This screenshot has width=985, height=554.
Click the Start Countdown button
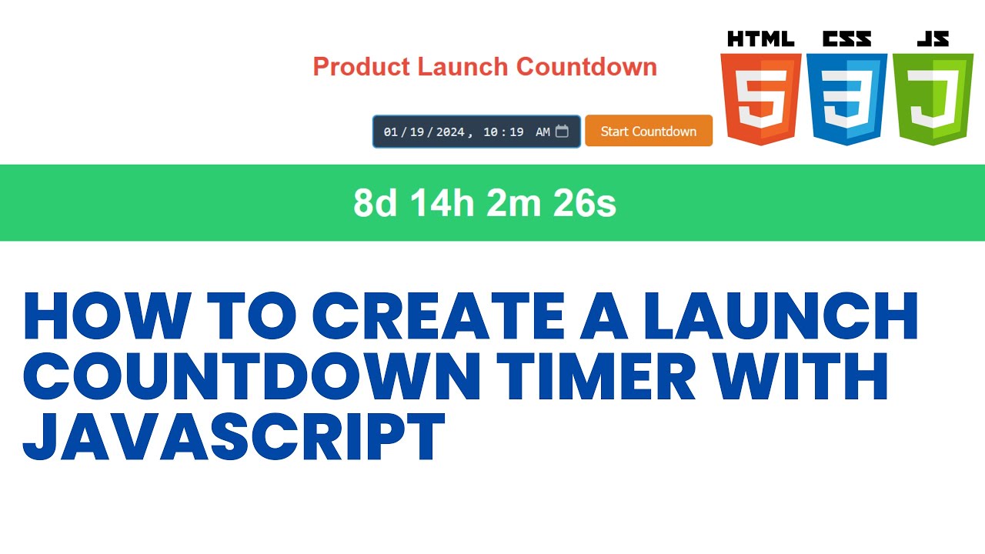(x=648, y=131)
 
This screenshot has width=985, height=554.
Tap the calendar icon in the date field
(x=562, y=131)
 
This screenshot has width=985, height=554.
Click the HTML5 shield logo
(x=760, y=98)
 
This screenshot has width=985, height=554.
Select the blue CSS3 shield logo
(x=846, y=98)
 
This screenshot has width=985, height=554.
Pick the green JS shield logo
(x=933, y=98)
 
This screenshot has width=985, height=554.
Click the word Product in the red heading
(x=361, y=67)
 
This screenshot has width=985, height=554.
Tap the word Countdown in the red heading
(x=586, y=67)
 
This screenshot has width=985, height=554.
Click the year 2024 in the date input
(x=450, y=132)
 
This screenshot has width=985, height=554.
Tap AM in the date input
(x=543, y=132)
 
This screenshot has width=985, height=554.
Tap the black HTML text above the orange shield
(x=760, y=39)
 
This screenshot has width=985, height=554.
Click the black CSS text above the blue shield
(x=846, y=39)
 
